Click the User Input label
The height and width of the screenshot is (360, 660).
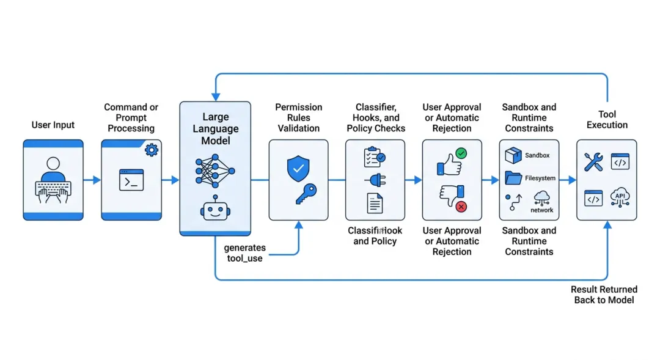[x=53, y=125]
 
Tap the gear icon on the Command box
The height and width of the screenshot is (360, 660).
[x=151, y=149]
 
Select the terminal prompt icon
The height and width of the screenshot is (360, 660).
[x=131, y=180]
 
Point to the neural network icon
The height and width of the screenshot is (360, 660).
[x=215, y=172]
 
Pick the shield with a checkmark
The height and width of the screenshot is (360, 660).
[x=298, y=168]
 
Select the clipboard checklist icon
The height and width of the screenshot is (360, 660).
[x=374, y=157]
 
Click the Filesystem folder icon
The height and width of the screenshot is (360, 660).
[x=513, y=178]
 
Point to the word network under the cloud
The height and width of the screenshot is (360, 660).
[x=541, y=210]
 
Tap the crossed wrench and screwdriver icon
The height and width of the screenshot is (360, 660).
[x=593, y=162]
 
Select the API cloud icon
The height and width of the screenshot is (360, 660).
[x=620, y=198]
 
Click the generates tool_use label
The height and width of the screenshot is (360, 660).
[x=244, y=253]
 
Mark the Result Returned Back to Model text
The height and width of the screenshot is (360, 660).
[x=604, y=295]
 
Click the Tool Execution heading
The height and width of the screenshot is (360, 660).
[x=607, y=120]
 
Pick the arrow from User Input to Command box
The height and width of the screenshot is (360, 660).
[x=92, y=180]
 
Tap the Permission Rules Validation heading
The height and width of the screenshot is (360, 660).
[x=298, y=118]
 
